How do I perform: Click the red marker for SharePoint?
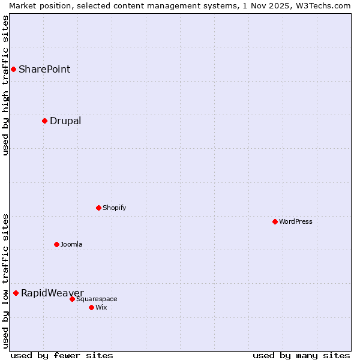[x=13, y=69]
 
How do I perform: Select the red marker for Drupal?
[x=44, y=121]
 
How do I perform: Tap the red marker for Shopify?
[x=98, y=208]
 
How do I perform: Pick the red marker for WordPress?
[x=275, y=221]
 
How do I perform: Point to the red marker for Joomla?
[x=56, y=244]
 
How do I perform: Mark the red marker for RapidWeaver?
[x=16, y=293]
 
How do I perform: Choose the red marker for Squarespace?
[x=72, y=299]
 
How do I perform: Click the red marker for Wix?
[x=91, y=307]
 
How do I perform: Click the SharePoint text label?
[x=44, y=69]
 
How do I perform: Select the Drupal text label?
[x=65, y=121]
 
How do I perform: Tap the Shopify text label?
[x=114, y=208]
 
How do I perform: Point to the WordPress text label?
[x=296, y=221]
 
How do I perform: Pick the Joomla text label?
[x=71, y=244]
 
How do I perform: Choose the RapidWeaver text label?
[x=52, y=293]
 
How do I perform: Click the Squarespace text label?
[x=97, y=299]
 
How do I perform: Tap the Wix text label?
[x=101, y=307]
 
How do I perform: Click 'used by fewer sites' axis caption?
[x=62, y=355]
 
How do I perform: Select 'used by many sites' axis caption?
[x=301, y=355]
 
